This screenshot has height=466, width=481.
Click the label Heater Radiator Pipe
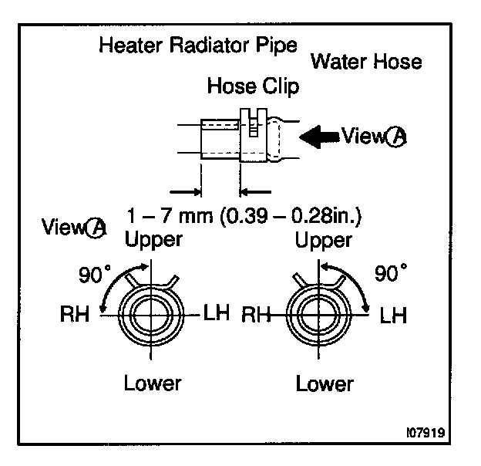(x=198, y=46)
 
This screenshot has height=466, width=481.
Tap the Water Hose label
(x=367, y=61)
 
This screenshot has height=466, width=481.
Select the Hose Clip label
(x=253, y=86)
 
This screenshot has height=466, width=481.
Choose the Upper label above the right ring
(x=324, y=240)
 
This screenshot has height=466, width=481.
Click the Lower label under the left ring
(x=152, y=382)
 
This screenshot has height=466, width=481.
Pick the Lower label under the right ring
(x=324, y=382)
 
